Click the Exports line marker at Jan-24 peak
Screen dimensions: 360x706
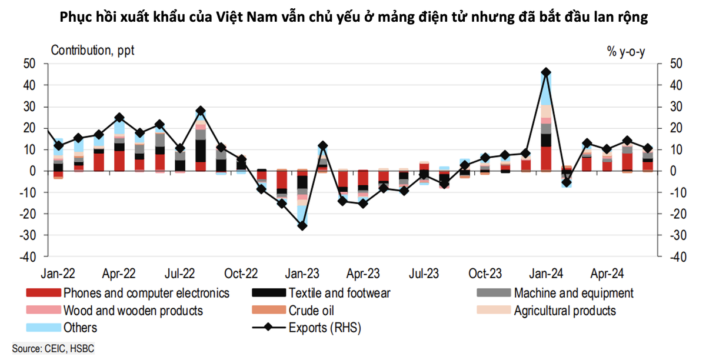tap(546, 72)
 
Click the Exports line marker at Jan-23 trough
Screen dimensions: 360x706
tap(302, 226)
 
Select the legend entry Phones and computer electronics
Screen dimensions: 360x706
tap(146, 293)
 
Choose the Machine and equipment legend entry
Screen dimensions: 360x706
tap(574, 293)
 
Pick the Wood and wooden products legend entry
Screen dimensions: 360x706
tap(133, 311)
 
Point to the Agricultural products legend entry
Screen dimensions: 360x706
tap(565, 311)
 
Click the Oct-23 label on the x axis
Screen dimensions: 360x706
tap(485, 274)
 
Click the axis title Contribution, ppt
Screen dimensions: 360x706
tap(93, 50)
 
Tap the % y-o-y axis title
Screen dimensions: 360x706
tap(626, 51)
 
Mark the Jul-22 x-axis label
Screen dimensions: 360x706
tap(181, 274)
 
